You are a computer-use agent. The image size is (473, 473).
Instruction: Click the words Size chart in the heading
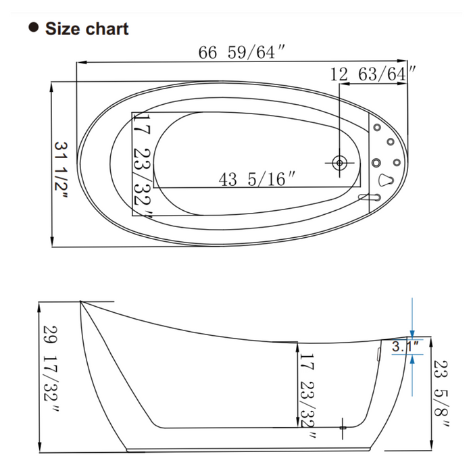(86, 28)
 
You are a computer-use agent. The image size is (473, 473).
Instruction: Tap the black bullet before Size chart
(32, 28)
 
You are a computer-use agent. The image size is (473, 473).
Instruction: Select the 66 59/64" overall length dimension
(236, 53)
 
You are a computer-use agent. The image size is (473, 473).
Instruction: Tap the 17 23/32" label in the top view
(142, 166)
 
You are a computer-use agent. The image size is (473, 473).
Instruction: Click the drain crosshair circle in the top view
(340, 162)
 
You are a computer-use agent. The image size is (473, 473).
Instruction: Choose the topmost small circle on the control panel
(377, 127)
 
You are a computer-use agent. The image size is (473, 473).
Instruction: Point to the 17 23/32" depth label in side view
(308, 387)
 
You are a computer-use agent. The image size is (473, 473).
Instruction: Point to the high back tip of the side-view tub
(81, 302)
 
